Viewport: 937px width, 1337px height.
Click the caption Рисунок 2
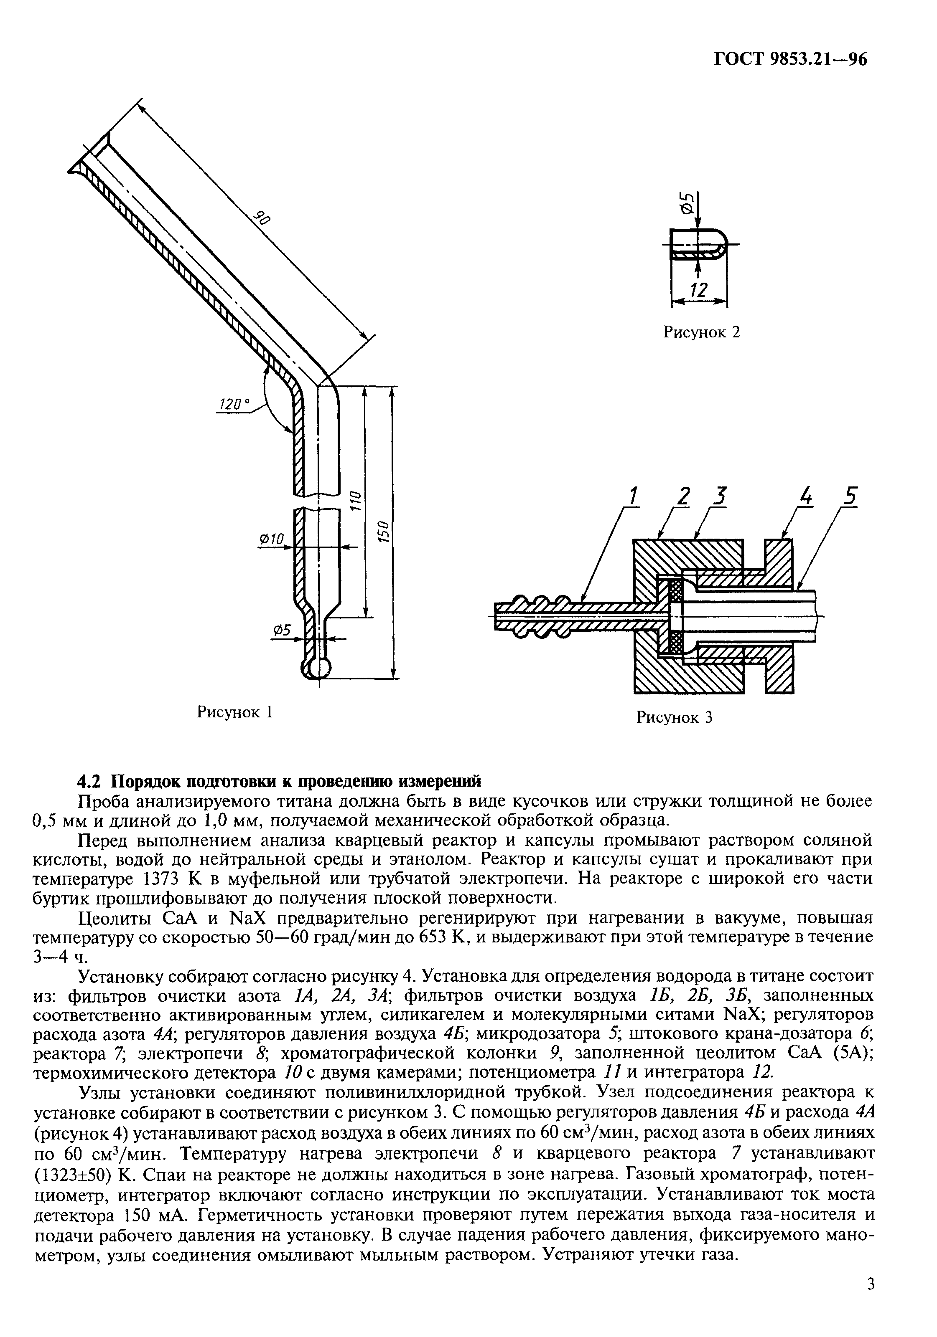point(702,332)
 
